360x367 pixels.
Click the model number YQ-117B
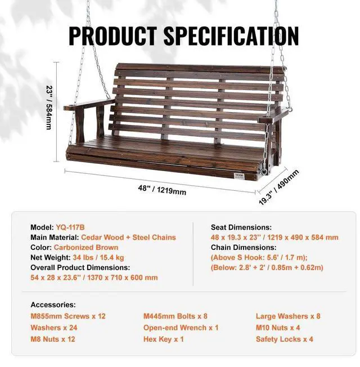(70, 227)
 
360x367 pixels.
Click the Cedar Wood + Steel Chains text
(129, 237)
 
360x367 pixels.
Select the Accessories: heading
(53, 305)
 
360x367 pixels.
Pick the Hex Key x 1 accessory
(164, 339)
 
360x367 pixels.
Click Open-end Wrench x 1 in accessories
(181, 328)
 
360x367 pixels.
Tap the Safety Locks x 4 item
(285, 339)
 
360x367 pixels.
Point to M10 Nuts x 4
(278, 328)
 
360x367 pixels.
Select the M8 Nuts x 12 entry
(53, 339)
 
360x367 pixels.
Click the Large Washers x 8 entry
(288, 316)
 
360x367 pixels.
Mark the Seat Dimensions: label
(241, 227)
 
